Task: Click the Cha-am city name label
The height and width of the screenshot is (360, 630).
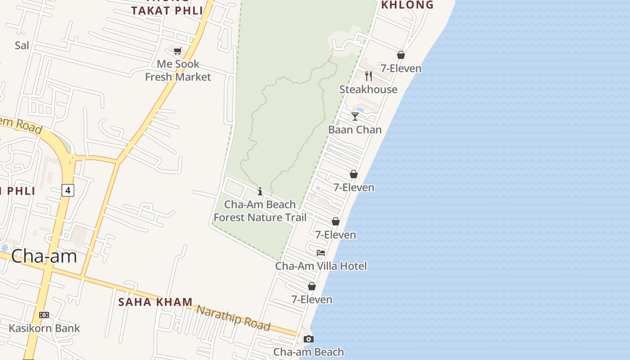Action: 44,256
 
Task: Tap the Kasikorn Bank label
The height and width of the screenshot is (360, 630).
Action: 44,328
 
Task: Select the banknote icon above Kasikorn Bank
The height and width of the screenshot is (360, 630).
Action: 44,315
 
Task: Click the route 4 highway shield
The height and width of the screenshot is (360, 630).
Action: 67,190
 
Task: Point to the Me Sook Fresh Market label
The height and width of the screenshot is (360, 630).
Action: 178,71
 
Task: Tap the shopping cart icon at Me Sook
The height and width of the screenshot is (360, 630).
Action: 177,51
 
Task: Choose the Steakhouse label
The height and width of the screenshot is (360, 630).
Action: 368,89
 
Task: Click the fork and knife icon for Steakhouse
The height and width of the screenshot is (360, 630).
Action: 368,76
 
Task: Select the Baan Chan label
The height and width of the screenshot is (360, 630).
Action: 355,130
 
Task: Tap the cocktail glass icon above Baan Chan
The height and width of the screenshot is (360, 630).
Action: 355,117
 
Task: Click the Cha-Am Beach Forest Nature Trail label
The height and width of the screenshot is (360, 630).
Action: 260,211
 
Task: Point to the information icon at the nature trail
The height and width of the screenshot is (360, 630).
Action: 260,192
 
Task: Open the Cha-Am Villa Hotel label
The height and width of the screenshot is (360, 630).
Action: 321,266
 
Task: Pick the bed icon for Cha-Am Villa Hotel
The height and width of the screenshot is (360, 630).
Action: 321,253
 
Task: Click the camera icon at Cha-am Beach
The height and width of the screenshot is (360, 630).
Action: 308,339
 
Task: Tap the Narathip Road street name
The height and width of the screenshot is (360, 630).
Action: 234,318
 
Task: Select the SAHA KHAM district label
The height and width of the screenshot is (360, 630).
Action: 155,302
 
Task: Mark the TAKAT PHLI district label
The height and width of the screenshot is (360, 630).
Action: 167,11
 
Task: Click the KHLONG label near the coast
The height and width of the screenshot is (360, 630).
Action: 407,5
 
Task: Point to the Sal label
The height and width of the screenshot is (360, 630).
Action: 22,45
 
